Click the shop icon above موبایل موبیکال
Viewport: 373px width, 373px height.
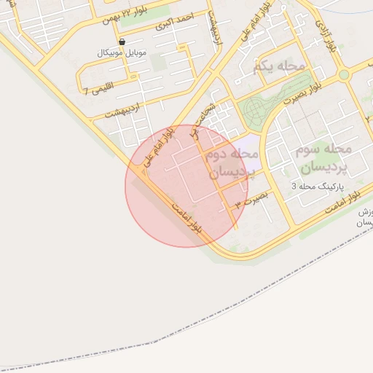click(121, 42)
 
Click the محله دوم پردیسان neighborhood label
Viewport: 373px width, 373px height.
click(232, 164)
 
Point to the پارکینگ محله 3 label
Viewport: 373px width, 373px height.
click(315, 186)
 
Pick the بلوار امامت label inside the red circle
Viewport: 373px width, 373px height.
click(188, 217)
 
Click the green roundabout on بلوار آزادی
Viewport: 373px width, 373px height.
click(345, 74)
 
